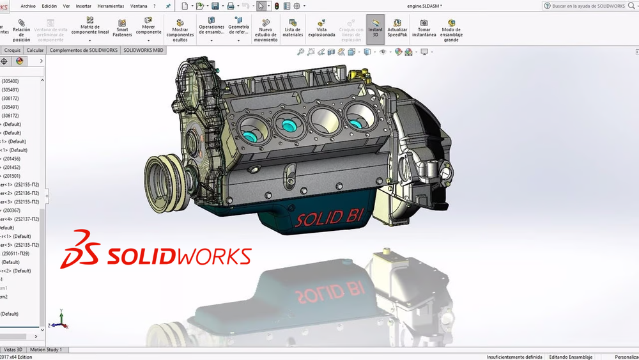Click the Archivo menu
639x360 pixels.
28,6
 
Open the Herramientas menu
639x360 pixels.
111,6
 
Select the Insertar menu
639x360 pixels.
83,6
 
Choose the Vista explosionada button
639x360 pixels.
321,28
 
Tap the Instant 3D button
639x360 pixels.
375,28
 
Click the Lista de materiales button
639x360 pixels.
293,28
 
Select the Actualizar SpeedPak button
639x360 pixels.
397,28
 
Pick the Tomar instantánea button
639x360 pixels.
423,28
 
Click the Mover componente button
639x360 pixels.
148,28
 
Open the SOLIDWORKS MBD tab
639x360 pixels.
143,50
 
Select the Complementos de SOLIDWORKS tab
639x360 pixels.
83,50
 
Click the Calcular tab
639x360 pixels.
35,50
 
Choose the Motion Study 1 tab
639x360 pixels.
46,350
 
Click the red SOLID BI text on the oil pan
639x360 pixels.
328,218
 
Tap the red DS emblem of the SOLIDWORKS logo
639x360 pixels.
81,249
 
